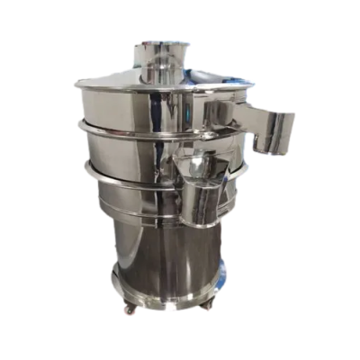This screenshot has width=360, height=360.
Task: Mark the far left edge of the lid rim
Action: click(x=74, y=86)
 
